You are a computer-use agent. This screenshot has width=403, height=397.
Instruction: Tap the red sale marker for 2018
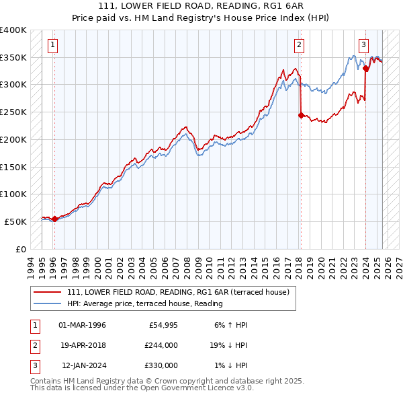tap(301, 114)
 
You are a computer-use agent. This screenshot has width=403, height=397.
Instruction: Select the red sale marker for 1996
tap(54, 219)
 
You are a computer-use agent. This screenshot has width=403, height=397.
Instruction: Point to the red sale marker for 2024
tap(365, 68)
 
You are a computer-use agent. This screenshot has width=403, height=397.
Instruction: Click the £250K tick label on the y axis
tap(13, 112)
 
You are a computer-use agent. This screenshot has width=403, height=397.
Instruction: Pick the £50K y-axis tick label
tap(16, 221)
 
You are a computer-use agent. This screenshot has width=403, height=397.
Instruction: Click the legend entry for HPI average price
tap(144, 304)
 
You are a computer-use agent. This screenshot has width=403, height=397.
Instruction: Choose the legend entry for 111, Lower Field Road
tap(177, 292)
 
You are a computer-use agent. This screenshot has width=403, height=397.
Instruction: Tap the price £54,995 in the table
tap(163, 325)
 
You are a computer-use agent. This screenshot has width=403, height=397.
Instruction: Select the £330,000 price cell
tap(161, 365)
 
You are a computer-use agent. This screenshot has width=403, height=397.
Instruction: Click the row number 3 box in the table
tap(33, 365)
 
